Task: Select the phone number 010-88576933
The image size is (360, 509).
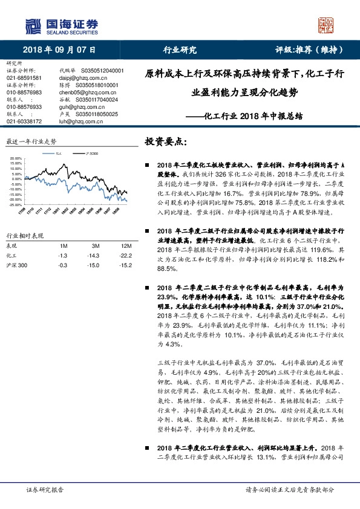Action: (x=24, y=106)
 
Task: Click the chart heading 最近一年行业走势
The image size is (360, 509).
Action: (x=31, y=141)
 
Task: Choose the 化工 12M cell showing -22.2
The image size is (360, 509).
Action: (x=126, y=255)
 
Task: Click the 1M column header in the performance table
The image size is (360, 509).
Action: (x=63, y=246)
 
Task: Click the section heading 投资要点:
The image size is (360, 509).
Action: (x=166, y=141)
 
